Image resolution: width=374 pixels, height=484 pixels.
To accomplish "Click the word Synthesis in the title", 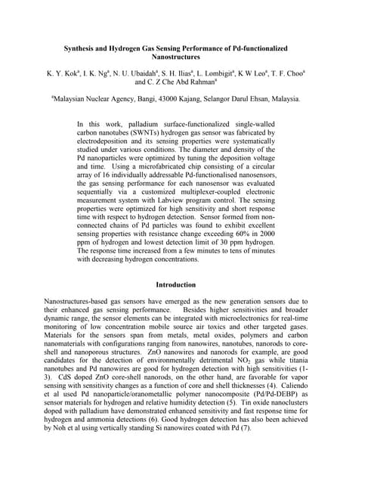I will (x=82, y=48).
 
